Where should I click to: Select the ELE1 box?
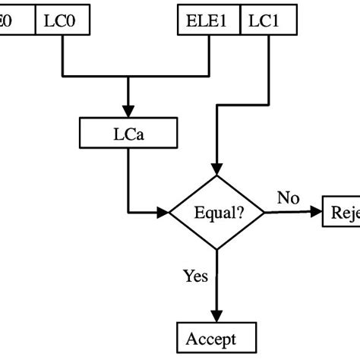(209, 21)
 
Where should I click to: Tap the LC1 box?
(261, 21)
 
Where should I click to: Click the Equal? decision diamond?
(216, 213)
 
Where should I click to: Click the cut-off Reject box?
(342, 213)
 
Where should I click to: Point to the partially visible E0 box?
(17, 21)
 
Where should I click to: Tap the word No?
(288, 199)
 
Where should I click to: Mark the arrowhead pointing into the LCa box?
(128, 112)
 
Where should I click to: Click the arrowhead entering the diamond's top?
(217, 169)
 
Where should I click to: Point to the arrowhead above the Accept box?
(217, 317)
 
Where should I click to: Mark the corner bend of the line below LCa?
(128, 213)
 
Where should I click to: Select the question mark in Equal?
(240, 213)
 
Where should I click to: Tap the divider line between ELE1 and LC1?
(240, 21)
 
